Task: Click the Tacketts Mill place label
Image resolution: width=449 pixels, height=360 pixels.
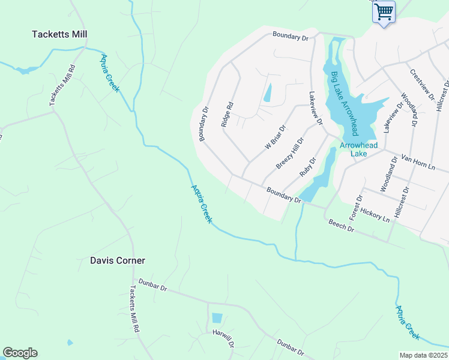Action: pyautogui.click(x=59, y=34)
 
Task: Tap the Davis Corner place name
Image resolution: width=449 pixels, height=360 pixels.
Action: pyautogui.click(x=118, y=260)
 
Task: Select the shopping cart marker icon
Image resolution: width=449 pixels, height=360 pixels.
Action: pyautogui.click(x=384, y=11)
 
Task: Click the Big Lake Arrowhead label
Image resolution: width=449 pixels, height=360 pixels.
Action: pyautogui.click(x=345, y=103)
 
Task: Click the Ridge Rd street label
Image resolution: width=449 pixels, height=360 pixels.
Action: pyautogui.click(x=227, y=114)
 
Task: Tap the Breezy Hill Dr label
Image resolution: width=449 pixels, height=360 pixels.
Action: pyautogui.click(x=291, y=152)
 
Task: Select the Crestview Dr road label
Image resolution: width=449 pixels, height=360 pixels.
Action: pyautogui.click(x=421, y=86)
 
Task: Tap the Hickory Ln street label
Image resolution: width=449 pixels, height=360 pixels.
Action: pyautogui.click(x=376, y=216)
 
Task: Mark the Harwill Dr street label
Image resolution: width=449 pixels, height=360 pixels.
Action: pyautogui.click(x=223, y=338)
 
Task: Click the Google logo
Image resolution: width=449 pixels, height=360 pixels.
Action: pyautogui.click(x=20, y=353)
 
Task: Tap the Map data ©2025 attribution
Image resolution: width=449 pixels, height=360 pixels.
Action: pyautogui.click(x=423, y=355)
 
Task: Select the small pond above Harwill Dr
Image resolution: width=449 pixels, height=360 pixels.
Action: pyautogui.click(x=217, y=318)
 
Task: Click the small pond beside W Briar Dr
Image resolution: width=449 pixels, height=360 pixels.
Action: pyautogui.click(x=267, y=92)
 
